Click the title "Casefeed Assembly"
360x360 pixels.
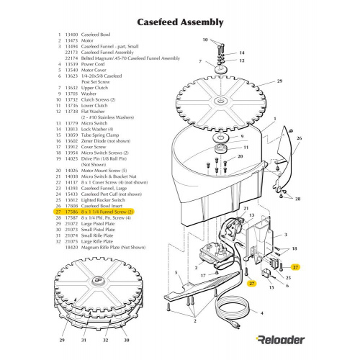tap(179, 22)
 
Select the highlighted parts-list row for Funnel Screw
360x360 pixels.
tap(94, 212)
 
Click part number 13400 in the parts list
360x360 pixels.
tap(71, 33)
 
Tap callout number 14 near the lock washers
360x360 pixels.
tap(241, 53)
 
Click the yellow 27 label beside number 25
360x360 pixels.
tap(296, 266)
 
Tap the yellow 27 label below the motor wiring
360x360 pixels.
tap(251, 283)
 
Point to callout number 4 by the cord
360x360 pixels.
tap(261, 313)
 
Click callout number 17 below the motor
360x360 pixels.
tap(204, 276)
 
